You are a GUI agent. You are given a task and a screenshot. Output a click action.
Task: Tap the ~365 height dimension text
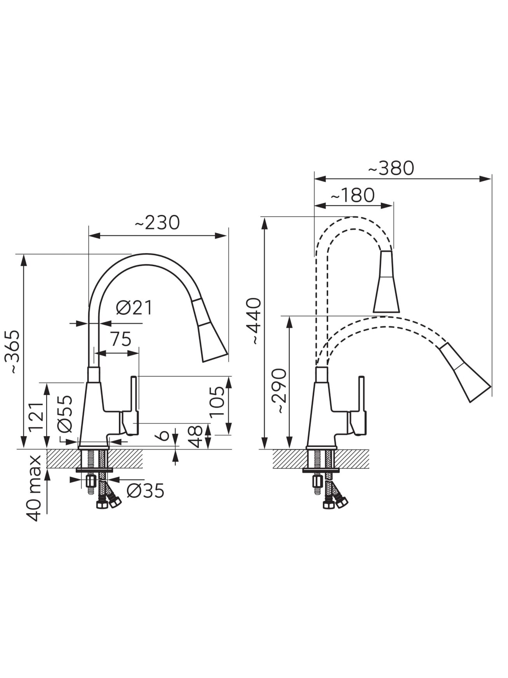[15, 352]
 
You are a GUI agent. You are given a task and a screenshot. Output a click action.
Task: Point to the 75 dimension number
[121, 339]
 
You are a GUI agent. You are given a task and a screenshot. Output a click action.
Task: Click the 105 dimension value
[218, 401]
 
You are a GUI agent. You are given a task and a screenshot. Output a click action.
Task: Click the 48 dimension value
[196, 436]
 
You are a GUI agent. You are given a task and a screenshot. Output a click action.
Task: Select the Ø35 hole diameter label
[146, 491]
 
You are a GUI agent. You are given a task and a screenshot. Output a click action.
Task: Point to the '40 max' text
[34, 488]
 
